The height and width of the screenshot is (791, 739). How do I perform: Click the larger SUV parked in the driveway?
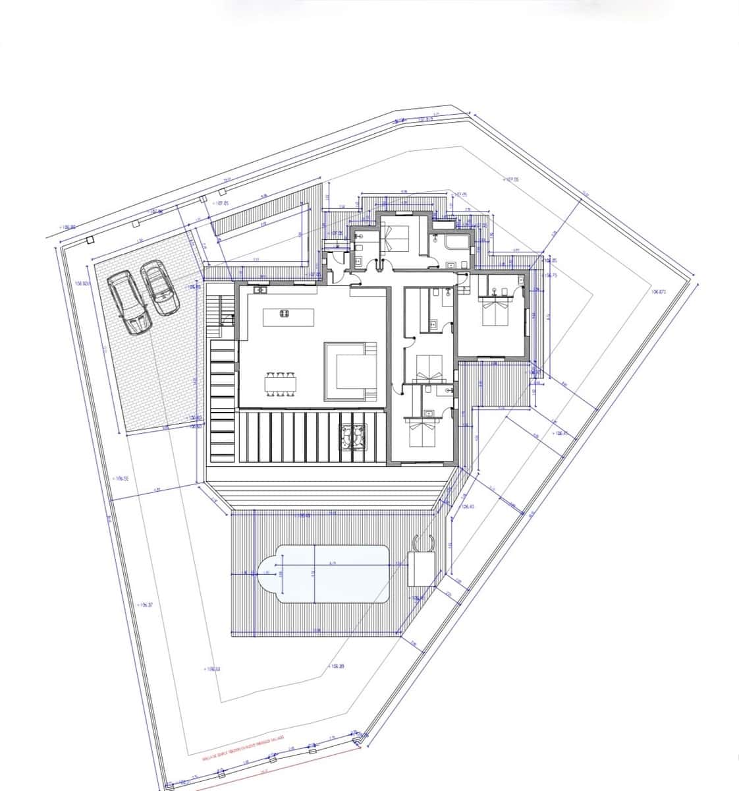[128, 303]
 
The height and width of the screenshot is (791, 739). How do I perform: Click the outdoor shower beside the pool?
[421, 543]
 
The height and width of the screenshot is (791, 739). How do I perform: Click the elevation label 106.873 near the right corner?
[659, 291]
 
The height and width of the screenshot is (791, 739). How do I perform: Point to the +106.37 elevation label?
[145, 604]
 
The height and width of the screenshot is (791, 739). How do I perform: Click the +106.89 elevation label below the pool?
[337, 666]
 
